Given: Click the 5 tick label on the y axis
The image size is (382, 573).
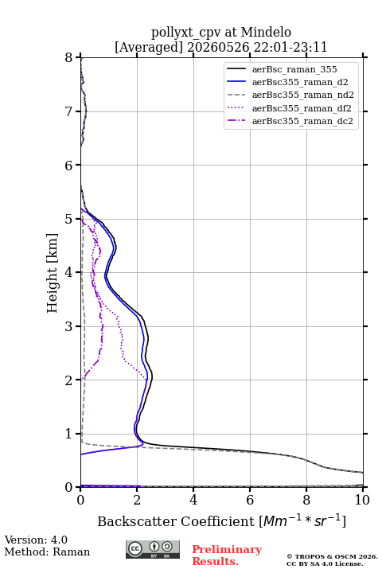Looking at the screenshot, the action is click(x=69, y=219).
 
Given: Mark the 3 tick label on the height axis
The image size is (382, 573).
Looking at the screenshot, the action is click(x=69, y=326).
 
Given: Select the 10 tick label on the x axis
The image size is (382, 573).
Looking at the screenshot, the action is click(x=362, y=500).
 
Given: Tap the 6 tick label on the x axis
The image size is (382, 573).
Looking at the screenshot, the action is click(x=250, y=500).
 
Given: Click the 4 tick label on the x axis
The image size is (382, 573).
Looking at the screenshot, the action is click(x=193, y=500).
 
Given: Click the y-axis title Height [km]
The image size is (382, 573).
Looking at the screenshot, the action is click(x=53, y=273).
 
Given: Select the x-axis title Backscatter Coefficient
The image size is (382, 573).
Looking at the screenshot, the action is click(x=176, y=521).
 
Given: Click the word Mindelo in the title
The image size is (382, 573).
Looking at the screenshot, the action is click(x=266, y=32).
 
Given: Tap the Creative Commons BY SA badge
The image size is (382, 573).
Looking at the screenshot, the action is click(x=153, y=549).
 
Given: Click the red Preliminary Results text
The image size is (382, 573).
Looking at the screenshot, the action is click(x=227, y=555).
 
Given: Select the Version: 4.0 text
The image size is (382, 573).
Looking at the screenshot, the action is click(x=36, y=540).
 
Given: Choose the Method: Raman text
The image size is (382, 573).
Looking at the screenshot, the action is click(x=47, y=552).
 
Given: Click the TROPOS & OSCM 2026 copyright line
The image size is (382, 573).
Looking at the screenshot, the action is click(x=332, y=556).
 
